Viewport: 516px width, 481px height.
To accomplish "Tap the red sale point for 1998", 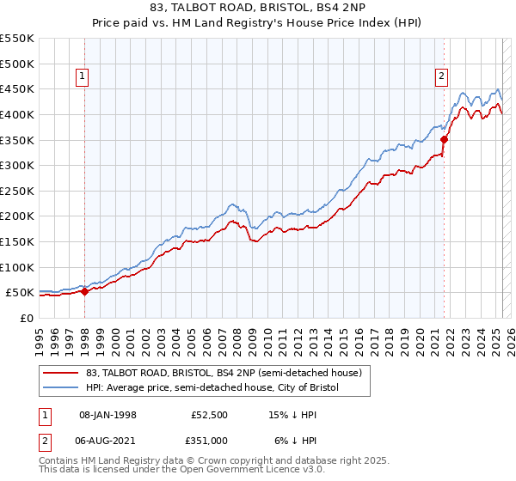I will click(x=84, y=292).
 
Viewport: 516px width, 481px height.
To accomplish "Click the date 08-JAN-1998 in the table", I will click(x=108, y=415).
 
